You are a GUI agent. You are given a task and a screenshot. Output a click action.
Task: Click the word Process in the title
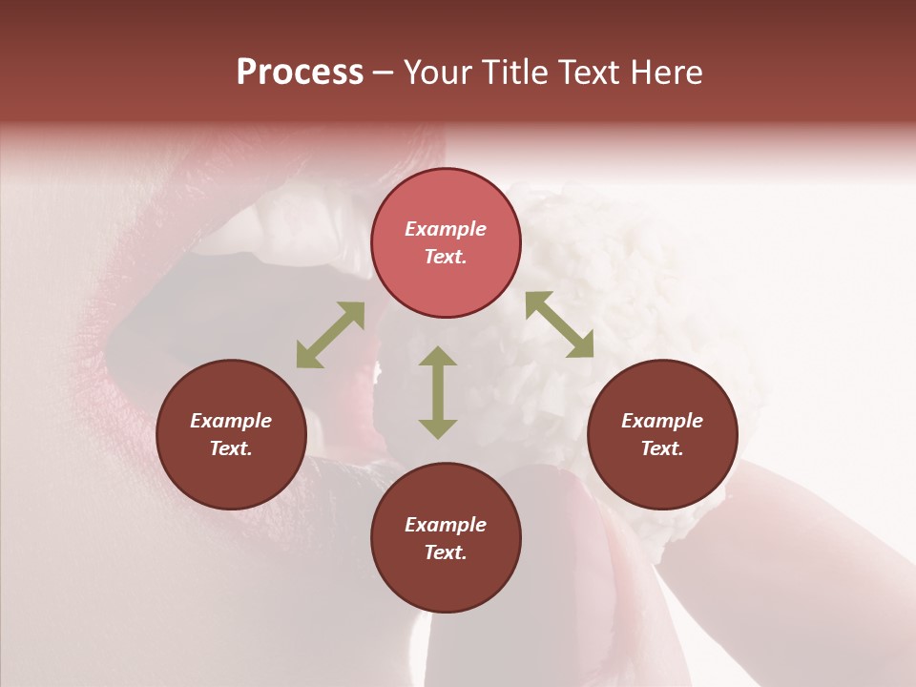pos(300,73)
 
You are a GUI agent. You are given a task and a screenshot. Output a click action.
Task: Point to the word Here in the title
pos(670,73)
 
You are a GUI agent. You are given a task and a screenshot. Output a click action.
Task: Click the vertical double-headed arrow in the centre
pos(438,392)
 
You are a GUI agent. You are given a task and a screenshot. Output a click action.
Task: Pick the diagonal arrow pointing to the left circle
pos(330,335)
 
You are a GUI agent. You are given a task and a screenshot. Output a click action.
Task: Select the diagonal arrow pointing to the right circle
pos(559,324)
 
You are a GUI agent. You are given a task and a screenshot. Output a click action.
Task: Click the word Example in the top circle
pos(446,229)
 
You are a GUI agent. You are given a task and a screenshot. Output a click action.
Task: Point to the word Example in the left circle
pos(231,421)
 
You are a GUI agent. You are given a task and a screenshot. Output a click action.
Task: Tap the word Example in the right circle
pos(662,421)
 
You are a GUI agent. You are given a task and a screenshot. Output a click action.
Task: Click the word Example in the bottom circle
pos(446,525)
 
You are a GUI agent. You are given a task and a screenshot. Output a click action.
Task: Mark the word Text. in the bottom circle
pos(446,552)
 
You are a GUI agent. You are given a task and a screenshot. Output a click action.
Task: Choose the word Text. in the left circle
pos(231,448)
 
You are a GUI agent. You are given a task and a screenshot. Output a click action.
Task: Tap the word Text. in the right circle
pos(662,448)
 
